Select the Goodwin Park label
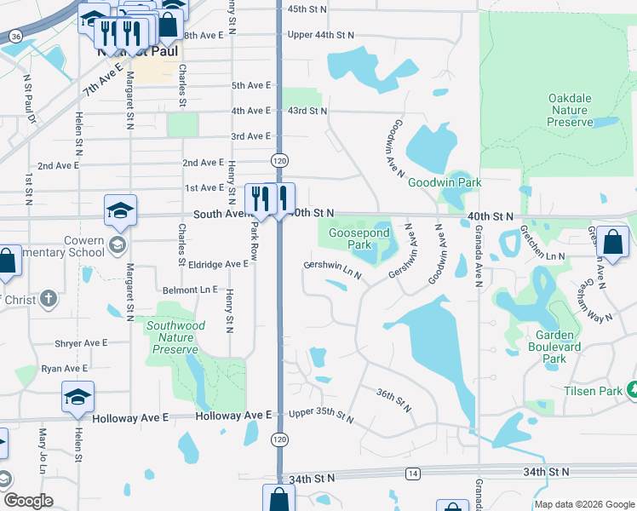click(445, 182)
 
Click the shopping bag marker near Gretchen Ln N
click(612, 243)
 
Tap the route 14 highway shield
click(413, 472)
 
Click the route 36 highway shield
click(16, 37)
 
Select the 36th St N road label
click(394, 398)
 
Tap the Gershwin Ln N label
click(333, 270)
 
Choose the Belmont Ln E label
click(191, 290)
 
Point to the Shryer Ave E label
click(81, 343)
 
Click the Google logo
click(27, 501)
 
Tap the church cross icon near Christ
click(49, 299)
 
